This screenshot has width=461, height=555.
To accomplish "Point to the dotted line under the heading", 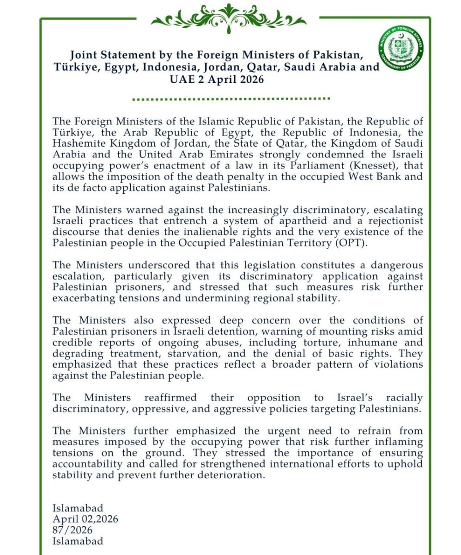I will click(x=231, y=99).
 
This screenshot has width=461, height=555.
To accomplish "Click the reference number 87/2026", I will click(x=73, y=530).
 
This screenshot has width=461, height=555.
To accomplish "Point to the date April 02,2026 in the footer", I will click(x=85, y=519).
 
